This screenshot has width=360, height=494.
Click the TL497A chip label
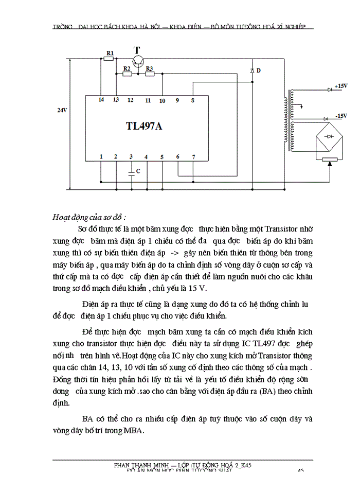click(x=143, y=126)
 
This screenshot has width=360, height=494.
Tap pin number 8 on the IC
click(x=192, y=100)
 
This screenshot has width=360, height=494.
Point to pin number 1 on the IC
click(x=101, y=156)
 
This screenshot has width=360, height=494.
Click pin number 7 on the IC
click(x=193, y=156)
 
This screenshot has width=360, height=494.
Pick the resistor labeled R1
click(x=109, y=59)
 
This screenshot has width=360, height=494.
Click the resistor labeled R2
click(x=127, y=74)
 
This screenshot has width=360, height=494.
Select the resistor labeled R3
click(x=150, y=74)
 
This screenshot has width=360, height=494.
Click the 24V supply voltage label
click(x=62, y=110)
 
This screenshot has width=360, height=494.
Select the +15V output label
click(x=341, y=86)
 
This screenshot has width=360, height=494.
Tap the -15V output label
click(x=341, y=116)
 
